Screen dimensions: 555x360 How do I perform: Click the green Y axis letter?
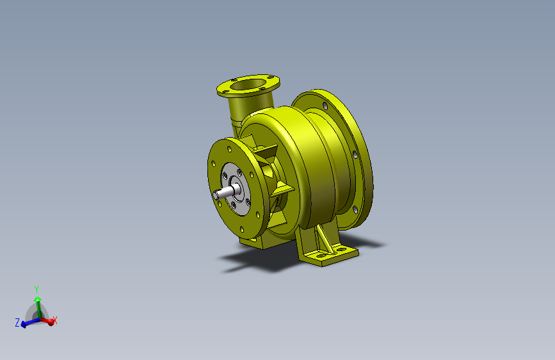[x=36, y=289]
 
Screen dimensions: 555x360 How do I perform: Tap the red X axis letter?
[x=55, y=320]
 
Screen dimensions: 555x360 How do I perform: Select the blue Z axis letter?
[x=17, y=322]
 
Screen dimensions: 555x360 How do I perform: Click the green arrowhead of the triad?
[x=38, y=300]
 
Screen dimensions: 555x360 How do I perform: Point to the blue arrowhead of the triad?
[x=23, y=324]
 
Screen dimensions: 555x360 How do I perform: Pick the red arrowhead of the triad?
[x=51, y=322]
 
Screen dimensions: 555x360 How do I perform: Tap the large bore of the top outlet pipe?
[x=248, y=85]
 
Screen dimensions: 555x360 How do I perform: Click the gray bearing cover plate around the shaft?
[x=236, y=189]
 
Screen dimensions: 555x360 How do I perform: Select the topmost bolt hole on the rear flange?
[x=325, y=106]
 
